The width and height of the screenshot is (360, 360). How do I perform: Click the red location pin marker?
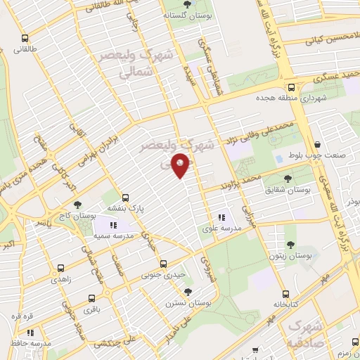181,165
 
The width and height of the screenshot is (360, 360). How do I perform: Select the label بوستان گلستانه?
184,15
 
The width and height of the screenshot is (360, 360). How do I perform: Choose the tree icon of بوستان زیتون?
290,245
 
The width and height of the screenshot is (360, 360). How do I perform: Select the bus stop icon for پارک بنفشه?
126,198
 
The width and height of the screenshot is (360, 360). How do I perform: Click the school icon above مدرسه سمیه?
113,225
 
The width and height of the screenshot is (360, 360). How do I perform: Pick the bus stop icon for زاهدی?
60,268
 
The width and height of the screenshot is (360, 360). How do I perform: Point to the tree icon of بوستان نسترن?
188,290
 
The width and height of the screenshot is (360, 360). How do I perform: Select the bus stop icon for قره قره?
17,317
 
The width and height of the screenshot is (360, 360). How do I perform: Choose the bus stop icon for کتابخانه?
285,295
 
